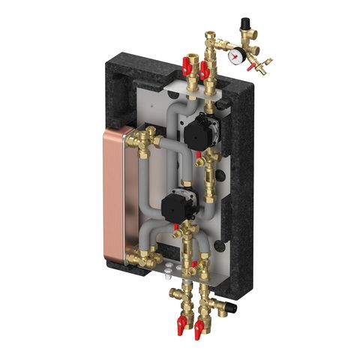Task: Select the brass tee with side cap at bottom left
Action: tap(175, 294)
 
